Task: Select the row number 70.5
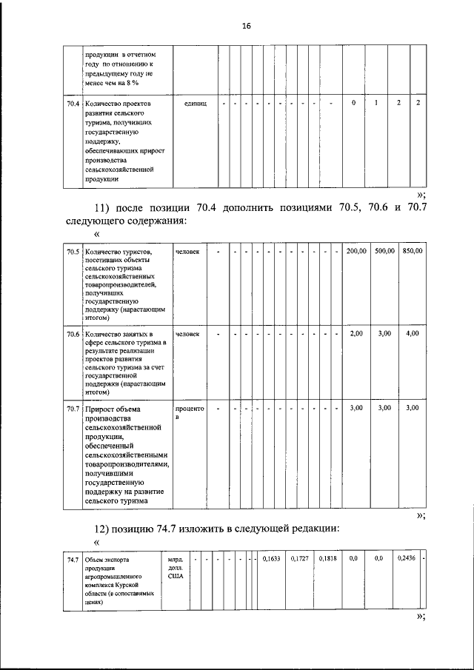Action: (x=73, y=252)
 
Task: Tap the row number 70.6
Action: (x=73, y=334)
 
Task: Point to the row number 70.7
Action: (x=73, y=408)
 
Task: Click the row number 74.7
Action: (x=73, y=559)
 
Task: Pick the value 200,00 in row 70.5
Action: (x=356, y=252)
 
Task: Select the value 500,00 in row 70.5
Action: (x=384, y=252)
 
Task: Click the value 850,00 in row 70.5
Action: (x=413, y=252)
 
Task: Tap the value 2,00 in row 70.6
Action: (x=356, y=334)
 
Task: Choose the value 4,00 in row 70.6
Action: (x=413, y=334)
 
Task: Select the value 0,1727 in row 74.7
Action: (x=299, y=559)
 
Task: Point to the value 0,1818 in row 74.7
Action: (x=327, y=559)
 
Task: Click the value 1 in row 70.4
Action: (x=376, y=102)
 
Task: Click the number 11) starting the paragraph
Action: (x=101, y=207)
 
